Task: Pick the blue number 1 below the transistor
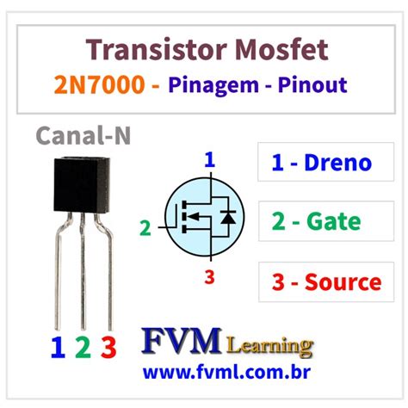point(58,347)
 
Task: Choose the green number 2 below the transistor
point(83,347)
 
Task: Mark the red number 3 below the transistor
point(108,347)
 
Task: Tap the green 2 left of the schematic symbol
point(145,228)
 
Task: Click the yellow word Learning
point(269,346)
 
